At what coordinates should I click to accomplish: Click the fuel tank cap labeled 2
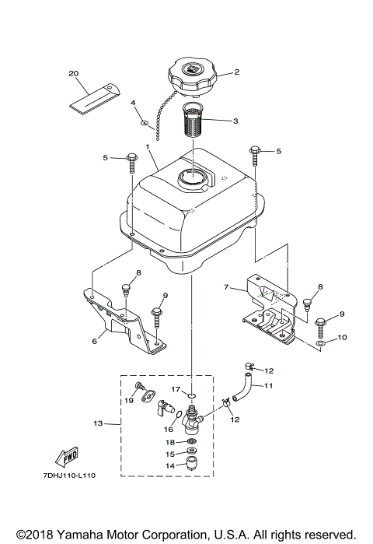(x=190, y=75)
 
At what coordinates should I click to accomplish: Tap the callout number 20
(x=75, y=74)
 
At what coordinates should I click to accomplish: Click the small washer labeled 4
(x=144, y=122)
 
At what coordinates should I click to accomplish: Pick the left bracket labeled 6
(x=124, y=319)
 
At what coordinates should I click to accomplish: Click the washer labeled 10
(x=322, y=342)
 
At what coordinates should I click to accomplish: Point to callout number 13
(x=98, y=423)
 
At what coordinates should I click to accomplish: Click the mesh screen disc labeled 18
(x=190, y=441)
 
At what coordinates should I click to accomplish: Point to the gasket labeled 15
(x=190, y=452)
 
